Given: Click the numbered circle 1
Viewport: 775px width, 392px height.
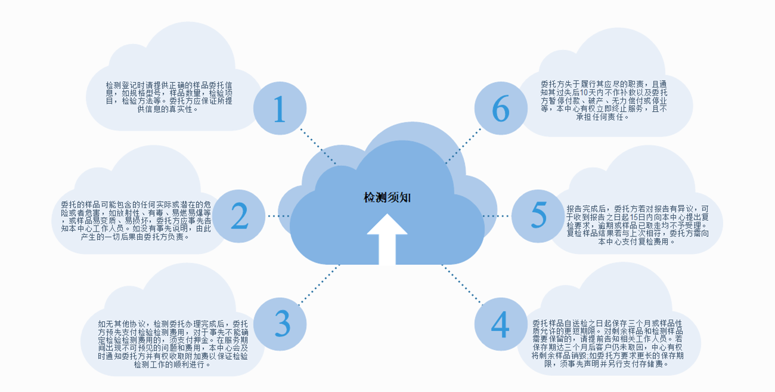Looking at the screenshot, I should tap(280, 109).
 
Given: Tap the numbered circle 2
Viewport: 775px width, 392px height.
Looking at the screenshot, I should tap(240, 216).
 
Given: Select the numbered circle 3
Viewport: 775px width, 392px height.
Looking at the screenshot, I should tap(280, 323).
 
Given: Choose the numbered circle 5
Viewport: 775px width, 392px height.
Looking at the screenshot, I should tap(538, 215).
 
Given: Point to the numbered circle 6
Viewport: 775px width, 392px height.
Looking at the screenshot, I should tap(500, 109).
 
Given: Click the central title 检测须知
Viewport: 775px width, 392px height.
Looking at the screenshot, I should tap(387, 197).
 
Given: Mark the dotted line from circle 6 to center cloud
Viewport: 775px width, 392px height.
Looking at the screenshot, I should tap(463, 145).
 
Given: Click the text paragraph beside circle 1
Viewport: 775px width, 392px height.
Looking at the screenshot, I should tap(169, 97).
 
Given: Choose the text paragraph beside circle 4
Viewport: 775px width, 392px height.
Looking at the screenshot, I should tap(607, 342).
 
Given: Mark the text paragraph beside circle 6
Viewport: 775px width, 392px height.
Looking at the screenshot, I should tap(603, 101).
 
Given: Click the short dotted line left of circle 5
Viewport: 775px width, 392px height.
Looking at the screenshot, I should tap(496, 215).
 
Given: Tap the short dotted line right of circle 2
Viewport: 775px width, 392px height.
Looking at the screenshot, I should tap(278, 215).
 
